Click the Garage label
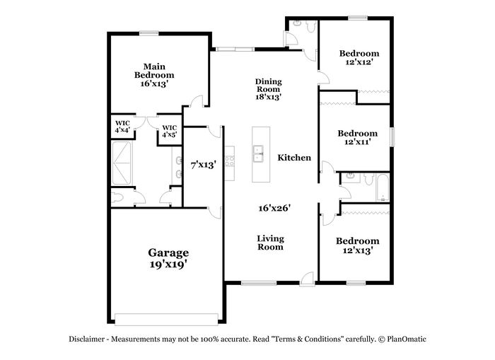[x=168, y=253]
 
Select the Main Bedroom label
[x=154, y=71]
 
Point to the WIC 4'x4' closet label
[x=122, y=127]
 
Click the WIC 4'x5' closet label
[x=170, y=131]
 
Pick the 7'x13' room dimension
[x=204, y=165]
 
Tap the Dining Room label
[x=268, y=86]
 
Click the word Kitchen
[x=294, y=157]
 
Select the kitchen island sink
[x=259, y=153]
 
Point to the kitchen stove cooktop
[x=230, y=161]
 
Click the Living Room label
[x=270, y=243]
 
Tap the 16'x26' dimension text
[x=274, y=208]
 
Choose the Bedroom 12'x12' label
[x=359, y=57]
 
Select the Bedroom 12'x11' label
[x=357, y=137]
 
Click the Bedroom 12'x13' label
[x=357, y=245]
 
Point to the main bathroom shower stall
[x=122, y=163]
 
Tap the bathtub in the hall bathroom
[x=383, y=187]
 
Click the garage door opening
[x=166, y=319]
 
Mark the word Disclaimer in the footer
[x=86, y=339]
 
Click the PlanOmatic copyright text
[x=402, y=339]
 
